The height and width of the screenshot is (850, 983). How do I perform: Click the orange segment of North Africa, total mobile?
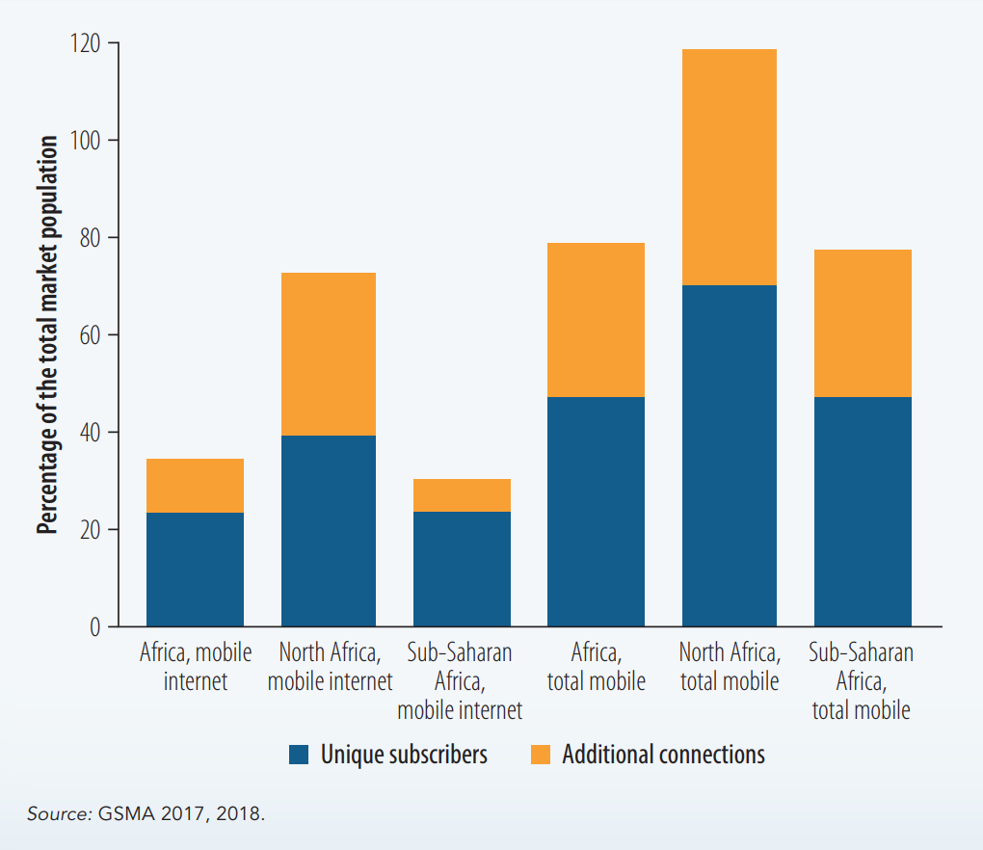[729, 167]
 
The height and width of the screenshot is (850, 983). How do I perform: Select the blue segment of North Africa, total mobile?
[729, 456]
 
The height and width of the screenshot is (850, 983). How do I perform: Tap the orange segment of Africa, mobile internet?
[195, 486]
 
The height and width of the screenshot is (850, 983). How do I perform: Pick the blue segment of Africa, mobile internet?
[195, 570]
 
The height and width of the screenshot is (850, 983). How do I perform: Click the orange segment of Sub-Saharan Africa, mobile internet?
[462, 495]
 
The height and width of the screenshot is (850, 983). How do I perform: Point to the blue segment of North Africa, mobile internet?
[329, 531]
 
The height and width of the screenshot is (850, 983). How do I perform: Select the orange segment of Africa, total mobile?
[596, 320]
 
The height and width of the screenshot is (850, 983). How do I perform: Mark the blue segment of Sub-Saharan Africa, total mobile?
[863, 512]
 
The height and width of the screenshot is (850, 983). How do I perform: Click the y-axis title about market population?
[47, 333]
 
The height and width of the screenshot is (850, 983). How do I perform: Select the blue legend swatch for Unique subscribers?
[300, 754]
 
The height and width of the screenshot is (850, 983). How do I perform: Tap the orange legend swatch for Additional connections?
[542, 754]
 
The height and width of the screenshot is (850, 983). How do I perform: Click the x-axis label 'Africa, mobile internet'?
[196, 667]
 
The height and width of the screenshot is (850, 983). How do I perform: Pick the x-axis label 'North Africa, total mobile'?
[730, 667]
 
